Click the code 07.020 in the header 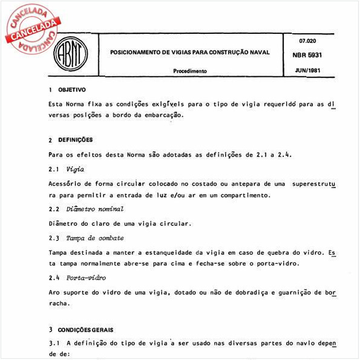pyautogui.click(x=309, y=41)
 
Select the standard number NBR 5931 pyautogui.click(x=309, y=54)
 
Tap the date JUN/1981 pyautogui.click(x=309, y=70)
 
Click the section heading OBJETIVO pyautogui.click(x=72, y=90)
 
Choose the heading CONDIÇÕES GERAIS pyautogui.click(x=87, y=330)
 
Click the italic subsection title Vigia pyautogui.click(x=75, y=168)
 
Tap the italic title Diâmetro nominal pyautogui.click(x=96, y=209)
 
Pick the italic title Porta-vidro pyautogui.click(x=88, y=278)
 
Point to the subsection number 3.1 pyautogui.click(x=53, y=344)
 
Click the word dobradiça pyautogui.click(x=238, y=293)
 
